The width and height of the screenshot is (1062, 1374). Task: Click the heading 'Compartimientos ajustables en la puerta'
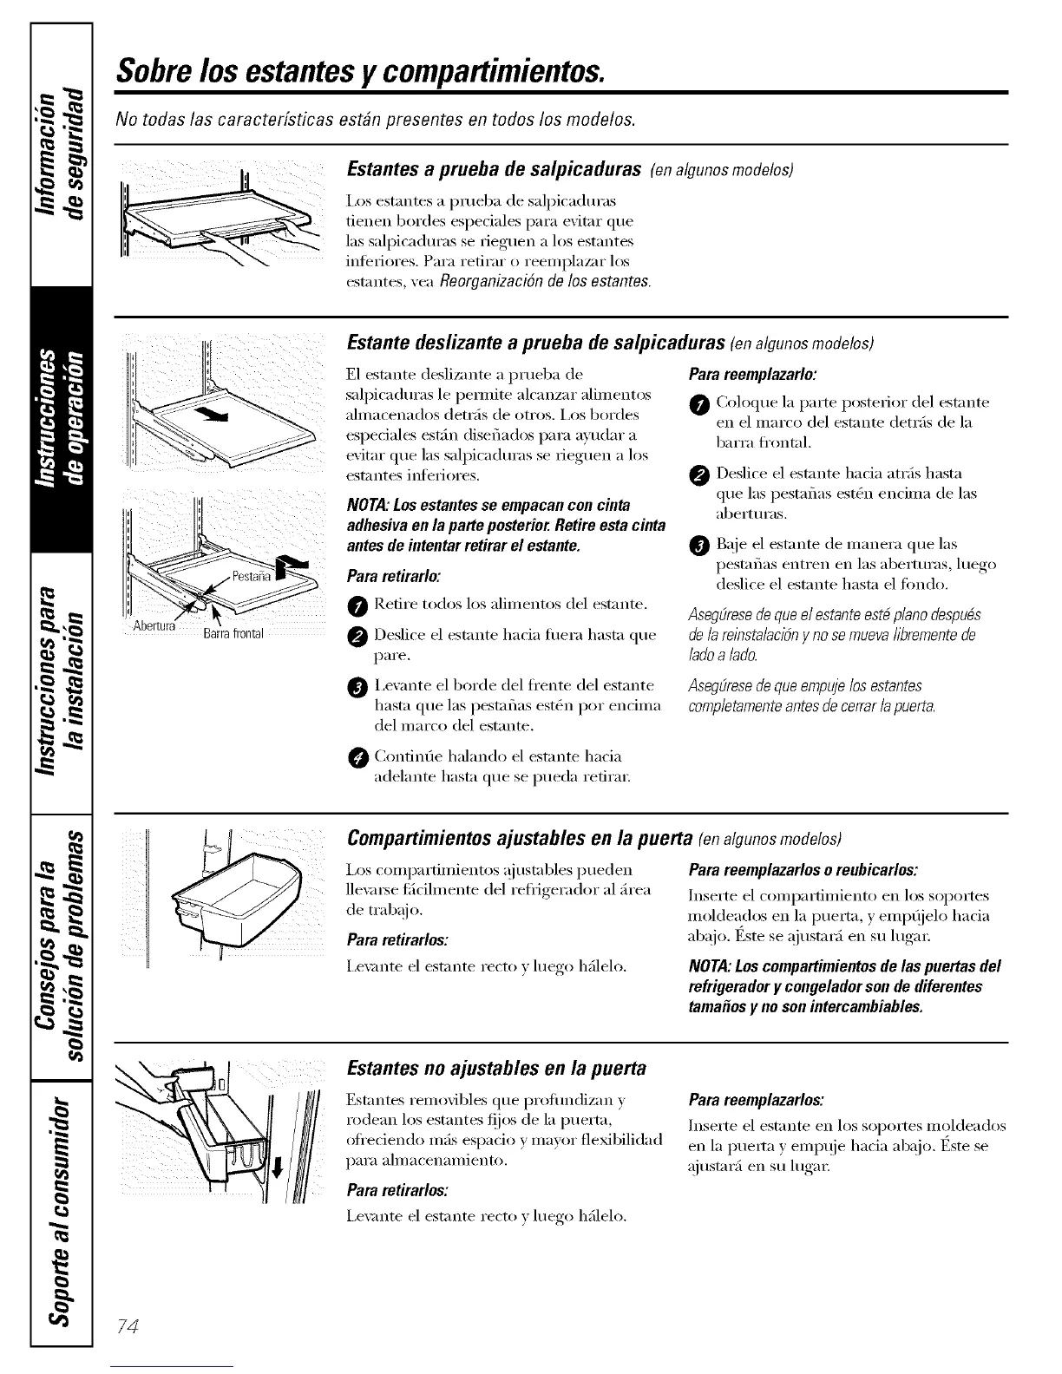point(519,838)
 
